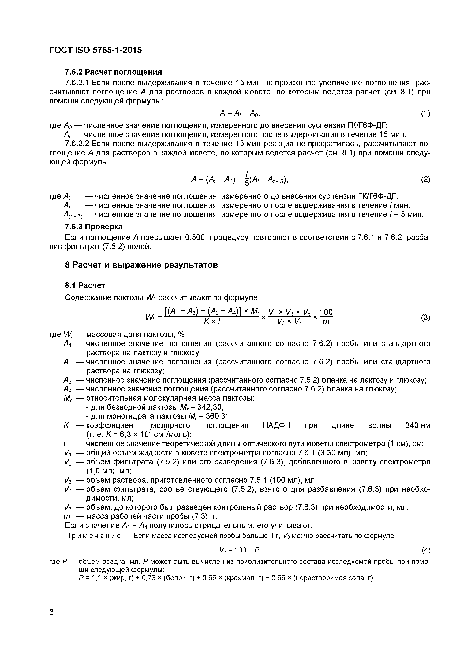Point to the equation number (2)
tap(425, 180)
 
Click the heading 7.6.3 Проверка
tap(93, 226)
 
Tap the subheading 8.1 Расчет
tap(85, 285)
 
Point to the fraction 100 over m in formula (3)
tap(326, 317)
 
